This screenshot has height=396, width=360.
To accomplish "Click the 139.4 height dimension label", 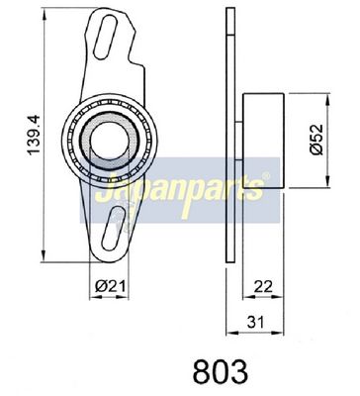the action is pos(34,135).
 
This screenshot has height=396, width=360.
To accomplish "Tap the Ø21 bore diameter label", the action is pos(111,286).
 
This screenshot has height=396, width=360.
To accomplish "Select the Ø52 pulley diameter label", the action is pos(316,139).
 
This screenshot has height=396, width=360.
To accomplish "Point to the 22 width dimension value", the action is pos(263,286).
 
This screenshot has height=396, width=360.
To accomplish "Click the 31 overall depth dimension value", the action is pos(256,322).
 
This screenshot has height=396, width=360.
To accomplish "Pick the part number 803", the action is pos(220,371).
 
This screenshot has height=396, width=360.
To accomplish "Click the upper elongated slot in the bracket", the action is pos(105,37).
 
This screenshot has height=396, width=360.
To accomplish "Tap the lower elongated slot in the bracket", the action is pos(114,229).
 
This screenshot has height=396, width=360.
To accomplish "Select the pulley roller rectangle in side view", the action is pos(263,141).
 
